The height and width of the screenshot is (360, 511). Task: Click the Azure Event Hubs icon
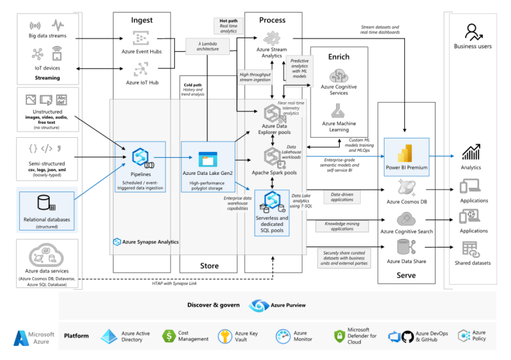(141, 37)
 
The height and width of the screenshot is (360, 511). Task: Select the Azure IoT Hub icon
(141, 68)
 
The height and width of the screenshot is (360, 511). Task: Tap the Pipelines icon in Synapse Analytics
(140, 157)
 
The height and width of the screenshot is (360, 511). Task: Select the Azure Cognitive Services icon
(339, 74)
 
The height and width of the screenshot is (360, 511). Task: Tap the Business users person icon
(473, 31)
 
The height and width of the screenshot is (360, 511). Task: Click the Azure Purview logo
(257, 306)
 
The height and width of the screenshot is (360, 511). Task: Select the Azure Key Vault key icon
(224, 336)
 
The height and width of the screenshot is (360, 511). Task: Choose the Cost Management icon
(169, 336)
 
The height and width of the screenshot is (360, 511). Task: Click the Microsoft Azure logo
(22, 338)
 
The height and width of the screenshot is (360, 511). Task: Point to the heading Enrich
(339, 56)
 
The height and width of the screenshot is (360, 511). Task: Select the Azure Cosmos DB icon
(406, 187)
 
